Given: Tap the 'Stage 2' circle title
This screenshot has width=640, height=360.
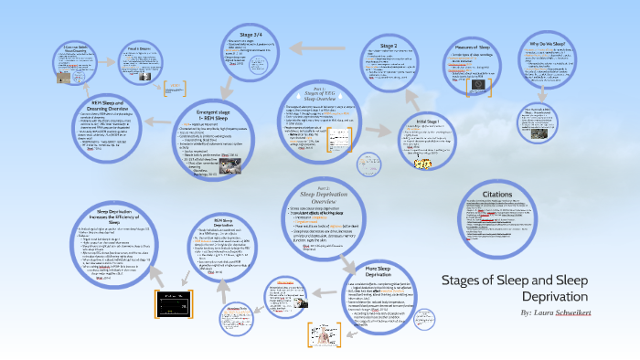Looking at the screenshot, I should (x=389, y=45).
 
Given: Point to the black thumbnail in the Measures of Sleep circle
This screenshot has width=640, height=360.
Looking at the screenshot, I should (x=476, y=84).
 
